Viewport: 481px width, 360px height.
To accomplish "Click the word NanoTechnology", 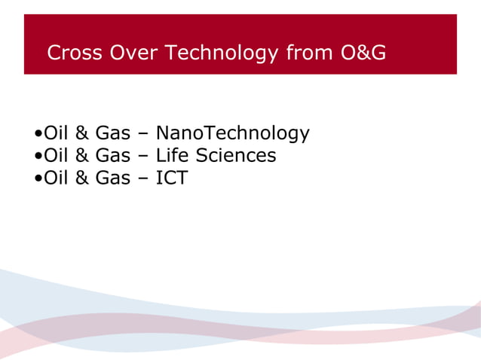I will tap(232, 134).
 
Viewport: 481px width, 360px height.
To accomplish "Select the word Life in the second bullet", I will tap(170, 156).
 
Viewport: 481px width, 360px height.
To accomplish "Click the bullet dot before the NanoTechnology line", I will tap(38, 136).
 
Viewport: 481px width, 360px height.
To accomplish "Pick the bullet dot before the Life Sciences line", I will tap(38, 157).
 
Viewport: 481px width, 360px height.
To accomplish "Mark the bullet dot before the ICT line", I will tap(38, 180).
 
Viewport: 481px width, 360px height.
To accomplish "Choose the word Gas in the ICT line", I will tap(112, 178).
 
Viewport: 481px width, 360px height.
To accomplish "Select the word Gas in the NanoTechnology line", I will tap(112, 133).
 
